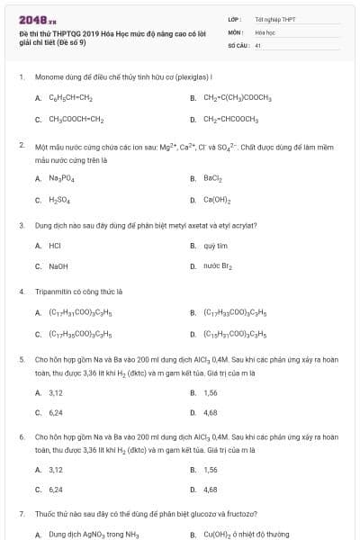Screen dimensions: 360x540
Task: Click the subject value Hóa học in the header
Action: pyautogui.click(x=265, y=31)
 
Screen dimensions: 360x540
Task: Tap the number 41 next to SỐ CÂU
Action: pyautogui.click(x=258, y=44)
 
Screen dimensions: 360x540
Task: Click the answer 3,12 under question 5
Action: pyautogui.click(x=56, y=392)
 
